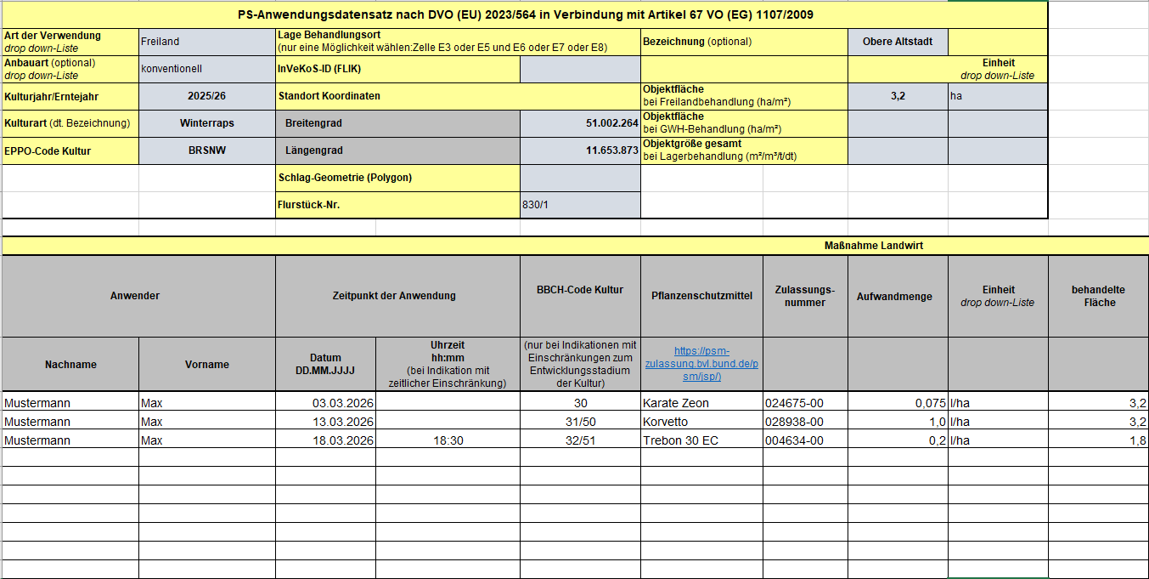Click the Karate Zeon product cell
pyautogui.click(x=676, y=403)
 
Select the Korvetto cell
pyautogui.click(x=666, y=422)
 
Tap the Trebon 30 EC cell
pyautogui.click(x=680, y=440)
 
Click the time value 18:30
pyautogui.click(x=448, y=440)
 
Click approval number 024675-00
pyautogui.click(x=794, y=403)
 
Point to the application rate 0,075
pyautogui.click(x=925, y=403)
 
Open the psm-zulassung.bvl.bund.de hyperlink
pyautogui.click(x=701, y=363)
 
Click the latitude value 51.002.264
pyautogui.click(x=611, y=123)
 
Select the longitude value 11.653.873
pyautogui.click(x=611, y=150)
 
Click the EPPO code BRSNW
pyautogui.click(x=206, y=150)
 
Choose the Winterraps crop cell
pyautogui.click(x=206, y=123)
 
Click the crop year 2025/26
pyautogui.click(x=206, y=96)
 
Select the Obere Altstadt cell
pyautogui.click(x=898, y=42)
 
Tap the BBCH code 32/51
pyautogui.click(x=580, y=440)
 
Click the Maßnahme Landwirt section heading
pyautogui.click(x=873, y=246)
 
